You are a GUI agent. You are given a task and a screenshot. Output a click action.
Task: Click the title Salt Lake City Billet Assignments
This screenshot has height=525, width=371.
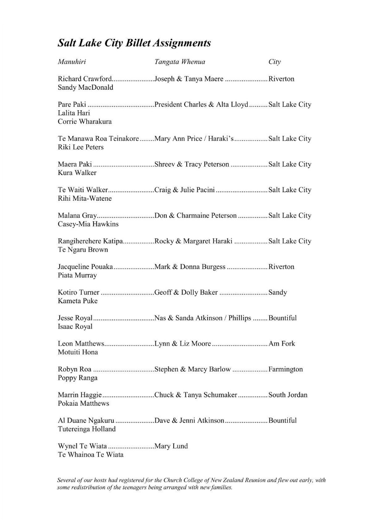pyautogui.click(x=134, y=43)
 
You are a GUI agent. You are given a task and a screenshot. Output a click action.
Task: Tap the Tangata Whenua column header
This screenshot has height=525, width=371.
pyautogui.click(x=180, y=62)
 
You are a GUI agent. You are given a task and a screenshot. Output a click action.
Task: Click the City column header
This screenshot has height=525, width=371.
pyautogui.click(x=275, y=62)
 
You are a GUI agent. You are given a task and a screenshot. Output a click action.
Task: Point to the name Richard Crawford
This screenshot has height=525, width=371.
pyautogui.click(x=84, y=79)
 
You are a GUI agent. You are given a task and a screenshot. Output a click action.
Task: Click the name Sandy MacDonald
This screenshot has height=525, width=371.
pyautogui.click(x=85, y=87)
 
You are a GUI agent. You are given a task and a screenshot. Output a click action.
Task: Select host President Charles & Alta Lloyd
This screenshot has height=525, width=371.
pyautogui.click(x=201, y=105)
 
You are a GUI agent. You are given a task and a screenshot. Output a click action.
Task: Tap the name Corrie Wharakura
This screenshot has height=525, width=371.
pyautogui.click(x=84, y=122)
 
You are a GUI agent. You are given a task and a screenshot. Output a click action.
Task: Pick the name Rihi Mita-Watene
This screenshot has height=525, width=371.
pyautogui.click(x=84, y=199)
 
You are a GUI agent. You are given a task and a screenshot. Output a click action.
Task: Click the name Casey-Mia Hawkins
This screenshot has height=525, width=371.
pyautogui.click(x=88, y=224)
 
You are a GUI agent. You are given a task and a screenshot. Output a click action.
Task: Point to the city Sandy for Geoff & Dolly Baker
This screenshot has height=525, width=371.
pyautogui.click(x=278, y=292)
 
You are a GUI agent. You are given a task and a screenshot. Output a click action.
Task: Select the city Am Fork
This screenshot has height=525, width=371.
pyautogui.click(x=282, y=344)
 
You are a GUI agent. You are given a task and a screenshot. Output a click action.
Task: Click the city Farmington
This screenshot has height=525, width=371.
pyautogui.click(x=286, y=369)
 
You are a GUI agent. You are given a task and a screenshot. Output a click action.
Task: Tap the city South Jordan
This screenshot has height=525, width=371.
pyautogui.click(x=288, y=395)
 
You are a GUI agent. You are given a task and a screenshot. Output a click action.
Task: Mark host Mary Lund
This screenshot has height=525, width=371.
pyautogui.click(x=171, y=446)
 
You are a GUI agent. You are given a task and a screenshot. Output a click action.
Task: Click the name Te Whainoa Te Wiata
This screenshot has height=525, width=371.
pyautogui.click(x=91, y=455)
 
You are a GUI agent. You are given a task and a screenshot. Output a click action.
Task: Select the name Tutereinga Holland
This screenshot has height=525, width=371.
pyautogui.click(x=87, y=429)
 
